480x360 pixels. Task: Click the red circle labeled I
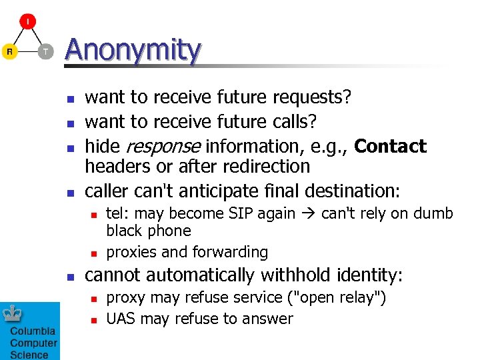[27, 22]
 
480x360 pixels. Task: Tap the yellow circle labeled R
[9, 51]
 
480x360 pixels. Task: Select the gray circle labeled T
[45, 51]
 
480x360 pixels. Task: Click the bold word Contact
[390, 146]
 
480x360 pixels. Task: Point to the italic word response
[163, 146]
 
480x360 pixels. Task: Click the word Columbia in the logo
[33, 332]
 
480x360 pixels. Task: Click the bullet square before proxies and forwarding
[94, 253]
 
